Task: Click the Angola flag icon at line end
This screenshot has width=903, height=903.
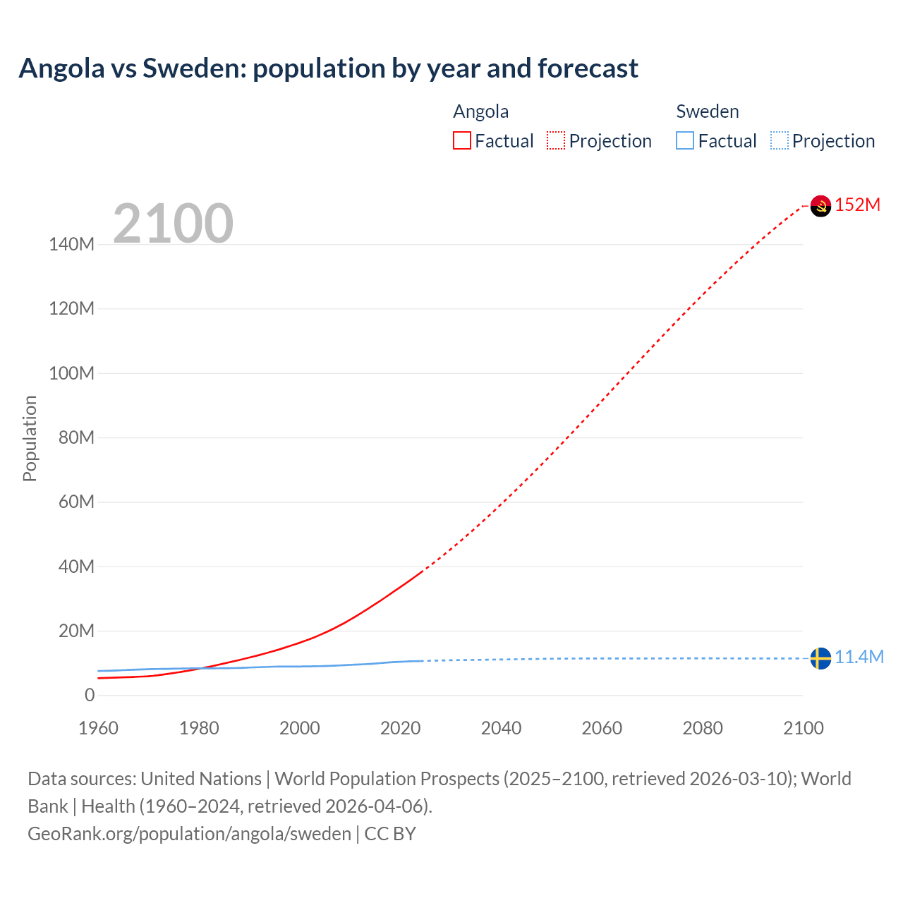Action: tap(820, 206)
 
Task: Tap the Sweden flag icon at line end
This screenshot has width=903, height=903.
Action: tap(820, 658)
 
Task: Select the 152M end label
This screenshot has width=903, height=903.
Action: tap(858, 205)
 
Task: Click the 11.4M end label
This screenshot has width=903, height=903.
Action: tap(859, 657)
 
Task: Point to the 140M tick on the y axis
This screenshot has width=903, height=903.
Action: tap(71, 245)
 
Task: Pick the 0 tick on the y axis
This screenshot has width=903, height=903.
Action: tap(90, 696)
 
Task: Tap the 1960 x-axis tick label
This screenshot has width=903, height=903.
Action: tap(98, 728)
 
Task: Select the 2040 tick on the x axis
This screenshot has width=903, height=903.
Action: tap(501, 728)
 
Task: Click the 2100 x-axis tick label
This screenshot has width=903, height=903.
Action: tap(803, 728)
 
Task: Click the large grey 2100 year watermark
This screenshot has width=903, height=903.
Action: tap(173, 224)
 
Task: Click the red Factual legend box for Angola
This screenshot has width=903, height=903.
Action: tap(462, 140)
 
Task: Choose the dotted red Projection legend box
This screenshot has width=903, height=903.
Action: tap(556, 140)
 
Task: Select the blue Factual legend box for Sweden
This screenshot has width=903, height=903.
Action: tap(685, 140)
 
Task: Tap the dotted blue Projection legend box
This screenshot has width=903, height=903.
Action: tap(779, 140)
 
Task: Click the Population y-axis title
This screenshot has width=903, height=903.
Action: tap(30, 438)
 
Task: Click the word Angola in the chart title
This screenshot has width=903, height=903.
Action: tap(61, 68)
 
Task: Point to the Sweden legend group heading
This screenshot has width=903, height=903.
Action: tap(708, 111)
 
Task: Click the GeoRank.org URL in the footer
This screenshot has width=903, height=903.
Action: tap(189, 834)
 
